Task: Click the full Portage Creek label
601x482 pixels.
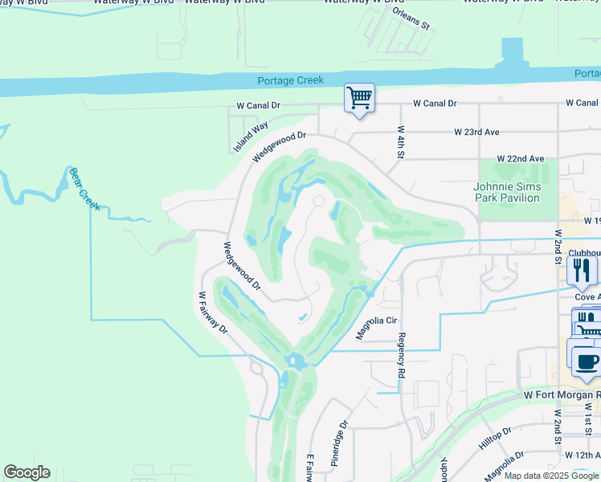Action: (x=290, y=80)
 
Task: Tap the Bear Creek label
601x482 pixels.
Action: (x=84, y=189)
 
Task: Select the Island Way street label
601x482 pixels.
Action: (x=251, y=137)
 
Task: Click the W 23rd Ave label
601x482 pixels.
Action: (x=476, y=132)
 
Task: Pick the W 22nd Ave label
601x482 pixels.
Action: (x=520, y=159)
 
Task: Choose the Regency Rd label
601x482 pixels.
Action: (x=401, y=356)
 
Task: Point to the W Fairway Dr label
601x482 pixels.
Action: (x=213, y=312)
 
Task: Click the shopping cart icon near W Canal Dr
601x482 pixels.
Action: (x=358, y=98)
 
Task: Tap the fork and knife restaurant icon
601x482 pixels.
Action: (x=583, y=271)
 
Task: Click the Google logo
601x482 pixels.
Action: (x=27, y=472)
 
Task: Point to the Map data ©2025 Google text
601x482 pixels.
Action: (x=550, y=476)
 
